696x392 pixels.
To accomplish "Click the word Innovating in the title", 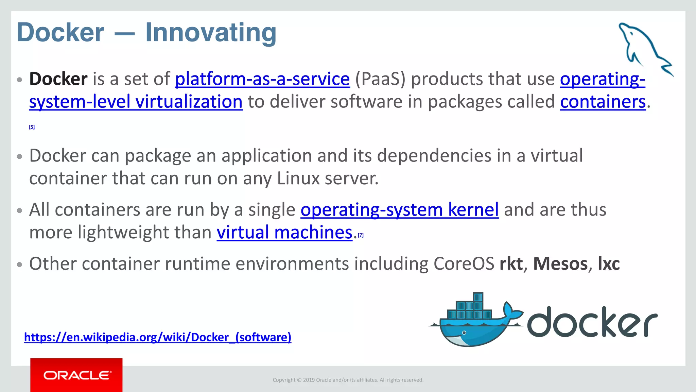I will (211, 33).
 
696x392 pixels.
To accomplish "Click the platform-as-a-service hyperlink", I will (262, 79).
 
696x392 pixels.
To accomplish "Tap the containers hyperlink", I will (603, 102).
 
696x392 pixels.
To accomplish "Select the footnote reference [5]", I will (32, 127).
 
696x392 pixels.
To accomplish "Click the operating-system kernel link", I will (399, 210).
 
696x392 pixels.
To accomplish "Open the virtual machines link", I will (284, 233).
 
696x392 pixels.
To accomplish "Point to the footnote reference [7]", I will (361, 235).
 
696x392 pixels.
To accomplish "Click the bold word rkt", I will (511, 264).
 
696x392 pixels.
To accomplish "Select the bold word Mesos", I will (560, 264).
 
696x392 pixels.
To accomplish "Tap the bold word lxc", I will (609, 264).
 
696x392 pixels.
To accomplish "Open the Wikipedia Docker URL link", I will (158, 337).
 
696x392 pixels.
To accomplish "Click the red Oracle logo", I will (76, 375).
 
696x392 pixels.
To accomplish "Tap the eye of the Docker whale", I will (464, 333).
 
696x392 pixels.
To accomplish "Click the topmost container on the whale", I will (478, 297).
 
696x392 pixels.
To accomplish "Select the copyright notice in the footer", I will (348, 380).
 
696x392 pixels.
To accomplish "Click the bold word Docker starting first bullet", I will (58, 79).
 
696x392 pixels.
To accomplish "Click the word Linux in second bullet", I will (298, 178).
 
